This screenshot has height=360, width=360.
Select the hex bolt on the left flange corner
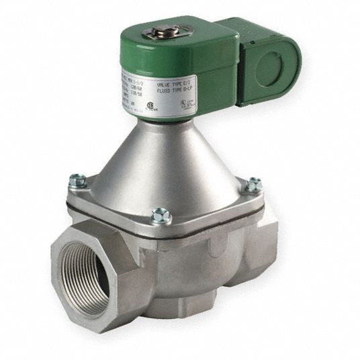click(x=77, y=180)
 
